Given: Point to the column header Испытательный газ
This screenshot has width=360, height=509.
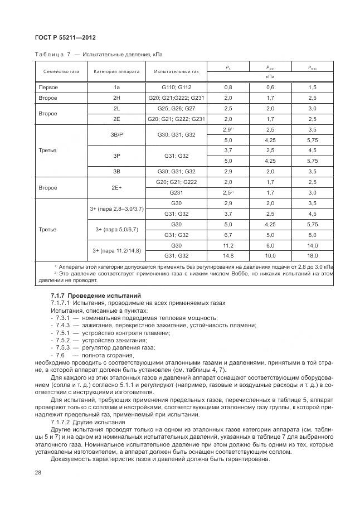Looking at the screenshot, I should (x=177, y=71).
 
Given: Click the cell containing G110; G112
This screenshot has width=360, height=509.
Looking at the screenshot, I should (x=177, y=88).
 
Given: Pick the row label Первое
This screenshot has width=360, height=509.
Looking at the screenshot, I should (x=48, y=88).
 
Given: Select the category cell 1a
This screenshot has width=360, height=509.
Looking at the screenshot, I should (x=116, y=88).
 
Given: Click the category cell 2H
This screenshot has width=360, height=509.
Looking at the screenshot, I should (x=116, y=98).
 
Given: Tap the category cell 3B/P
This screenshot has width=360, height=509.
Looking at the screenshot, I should (x=116, y=134).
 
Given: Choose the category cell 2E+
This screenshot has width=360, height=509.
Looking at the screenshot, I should (x=116, y=187).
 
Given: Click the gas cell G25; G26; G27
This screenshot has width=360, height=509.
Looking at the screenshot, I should (x=177, y=108).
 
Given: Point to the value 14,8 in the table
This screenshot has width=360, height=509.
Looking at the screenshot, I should (x=228, y=256).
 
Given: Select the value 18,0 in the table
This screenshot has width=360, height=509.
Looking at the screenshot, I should (x=312, y=256).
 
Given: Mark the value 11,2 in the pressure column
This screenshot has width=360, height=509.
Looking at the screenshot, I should (x=228, y=245).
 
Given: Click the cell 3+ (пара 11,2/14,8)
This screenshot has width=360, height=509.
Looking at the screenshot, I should (x=116, y=250).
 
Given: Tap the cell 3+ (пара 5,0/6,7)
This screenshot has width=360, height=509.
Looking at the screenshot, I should (x=116, y=230).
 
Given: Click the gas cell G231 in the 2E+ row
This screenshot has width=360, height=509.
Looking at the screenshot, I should (x=177, y=192).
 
